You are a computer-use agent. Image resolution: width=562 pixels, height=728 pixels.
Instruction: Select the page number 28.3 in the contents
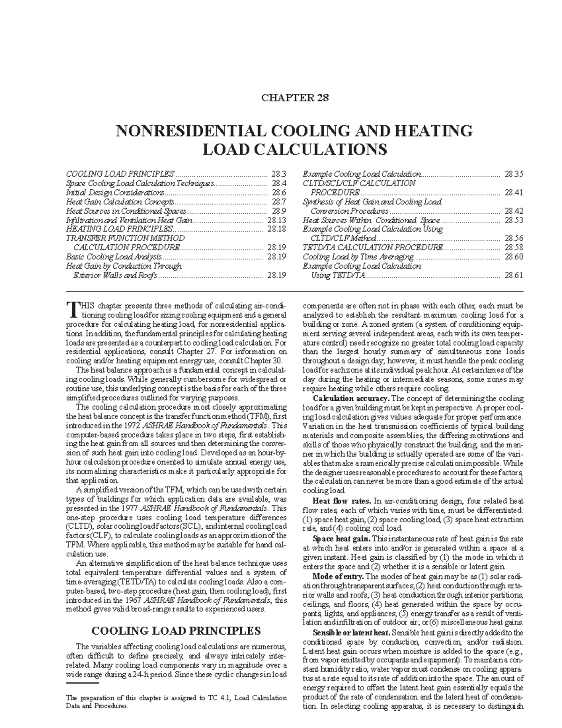[278, 174]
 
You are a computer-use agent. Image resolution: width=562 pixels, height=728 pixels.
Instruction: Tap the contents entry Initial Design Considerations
[115, 192]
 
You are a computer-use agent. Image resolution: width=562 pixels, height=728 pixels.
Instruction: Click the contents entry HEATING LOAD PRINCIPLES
[119, 229]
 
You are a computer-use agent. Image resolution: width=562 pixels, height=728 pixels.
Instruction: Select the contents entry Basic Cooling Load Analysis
[114, 257]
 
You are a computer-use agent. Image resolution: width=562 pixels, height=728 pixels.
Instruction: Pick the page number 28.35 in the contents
[513, 174]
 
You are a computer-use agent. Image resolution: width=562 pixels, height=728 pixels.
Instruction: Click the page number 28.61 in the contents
[513, 275]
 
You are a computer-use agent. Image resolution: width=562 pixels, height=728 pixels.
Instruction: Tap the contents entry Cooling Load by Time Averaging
[358, 257]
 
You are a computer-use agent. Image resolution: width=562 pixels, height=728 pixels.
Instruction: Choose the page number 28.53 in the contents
[513, 220]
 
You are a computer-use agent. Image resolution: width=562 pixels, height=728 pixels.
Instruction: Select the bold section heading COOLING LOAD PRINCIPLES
[176, 630]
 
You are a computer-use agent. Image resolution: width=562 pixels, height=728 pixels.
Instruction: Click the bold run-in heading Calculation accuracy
[350, 398]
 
